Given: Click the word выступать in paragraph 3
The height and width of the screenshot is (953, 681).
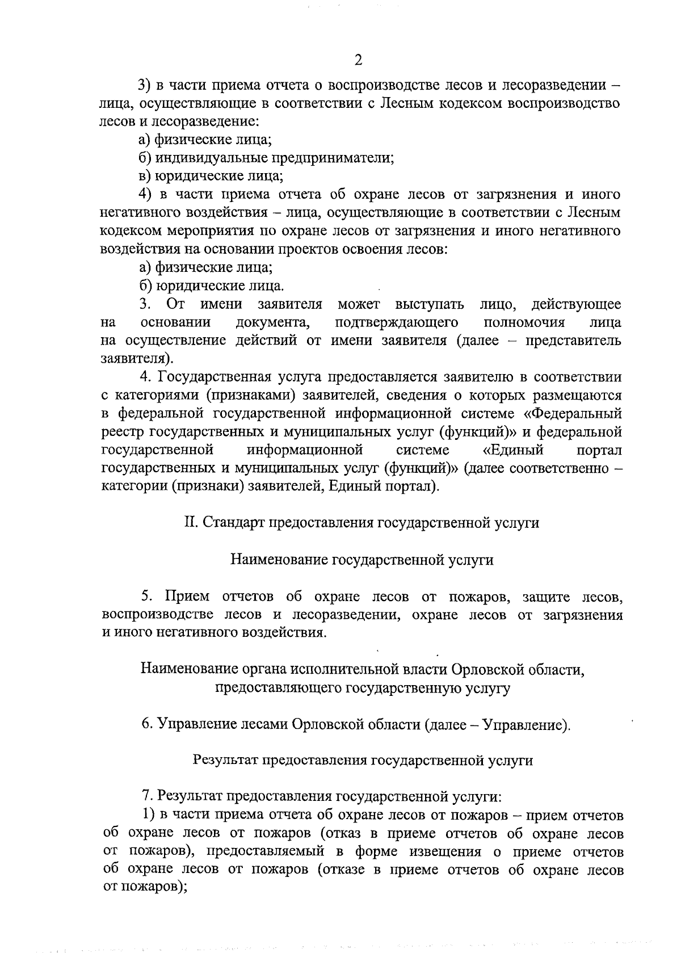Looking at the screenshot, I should click(x=430, y=304).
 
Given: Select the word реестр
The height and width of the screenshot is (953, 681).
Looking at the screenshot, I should click(x=123, y=431).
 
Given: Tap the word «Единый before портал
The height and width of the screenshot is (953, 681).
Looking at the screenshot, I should click(x=513, y=450).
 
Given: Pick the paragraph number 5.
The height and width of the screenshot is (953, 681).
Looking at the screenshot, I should click(x=146, y=597).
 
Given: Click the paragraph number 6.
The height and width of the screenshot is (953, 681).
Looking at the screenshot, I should click(x=146, y=725).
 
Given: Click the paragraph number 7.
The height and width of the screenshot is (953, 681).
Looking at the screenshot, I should click(x=146, y=797).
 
